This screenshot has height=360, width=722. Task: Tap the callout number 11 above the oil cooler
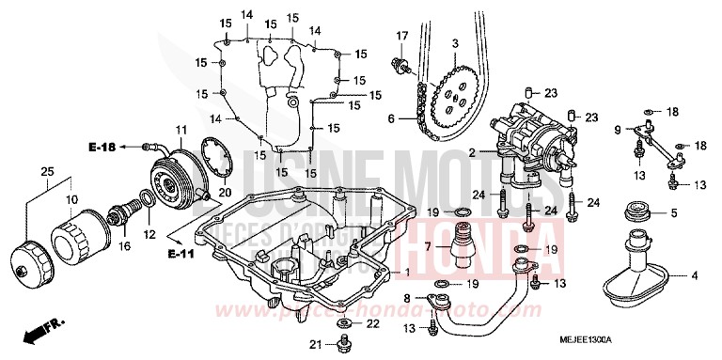(x=180, y=128)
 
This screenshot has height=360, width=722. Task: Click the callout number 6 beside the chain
(x=391, y=118)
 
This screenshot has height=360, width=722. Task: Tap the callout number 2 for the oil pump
(x=472, y=152)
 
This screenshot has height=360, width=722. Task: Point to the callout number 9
(x=618, y=129)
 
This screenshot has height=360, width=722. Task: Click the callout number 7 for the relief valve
(x=428, y=246)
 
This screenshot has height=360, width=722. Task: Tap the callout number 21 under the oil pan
(x=317, y=345)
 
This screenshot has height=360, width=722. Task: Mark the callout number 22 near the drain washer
(x=374, y=324)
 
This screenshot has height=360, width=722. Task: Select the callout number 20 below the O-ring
(x=225, y=193)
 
